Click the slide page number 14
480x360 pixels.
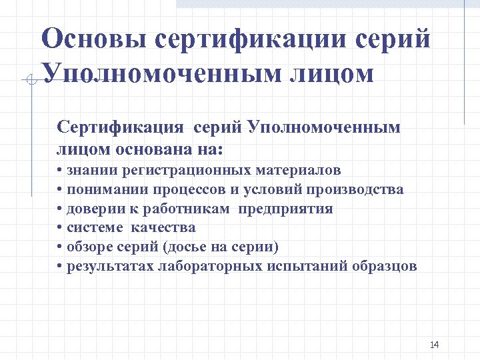click(435, 345)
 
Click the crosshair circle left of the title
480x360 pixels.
click(31, 80)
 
